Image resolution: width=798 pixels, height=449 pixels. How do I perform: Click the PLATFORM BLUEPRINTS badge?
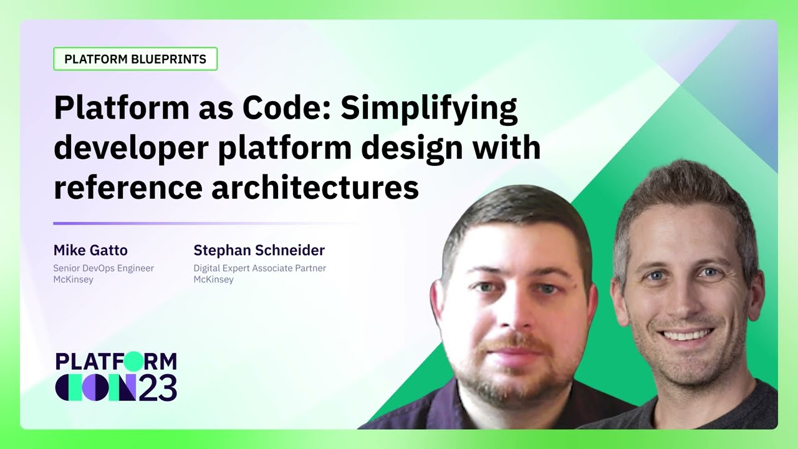(135, 59)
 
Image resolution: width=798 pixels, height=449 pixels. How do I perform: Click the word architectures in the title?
(315, 187)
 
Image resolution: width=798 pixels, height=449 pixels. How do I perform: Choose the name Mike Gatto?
(90, 251)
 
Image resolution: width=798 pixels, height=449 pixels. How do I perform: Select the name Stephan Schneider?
(259, 251)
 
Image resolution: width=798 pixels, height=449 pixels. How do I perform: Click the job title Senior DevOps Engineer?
(103, 268)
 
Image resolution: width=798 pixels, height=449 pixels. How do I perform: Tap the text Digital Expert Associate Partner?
(260, 268)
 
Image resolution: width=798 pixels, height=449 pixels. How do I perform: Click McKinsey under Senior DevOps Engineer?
(74, 279)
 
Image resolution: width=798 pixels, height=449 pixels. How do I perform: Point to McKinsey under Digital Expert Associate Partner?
(214, 279)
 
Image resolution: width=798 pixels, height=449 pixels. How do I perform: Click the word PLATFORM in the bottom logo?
(116, 362)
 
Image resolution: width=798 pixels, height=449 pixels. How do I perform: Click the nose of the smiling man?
(685, 296)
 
